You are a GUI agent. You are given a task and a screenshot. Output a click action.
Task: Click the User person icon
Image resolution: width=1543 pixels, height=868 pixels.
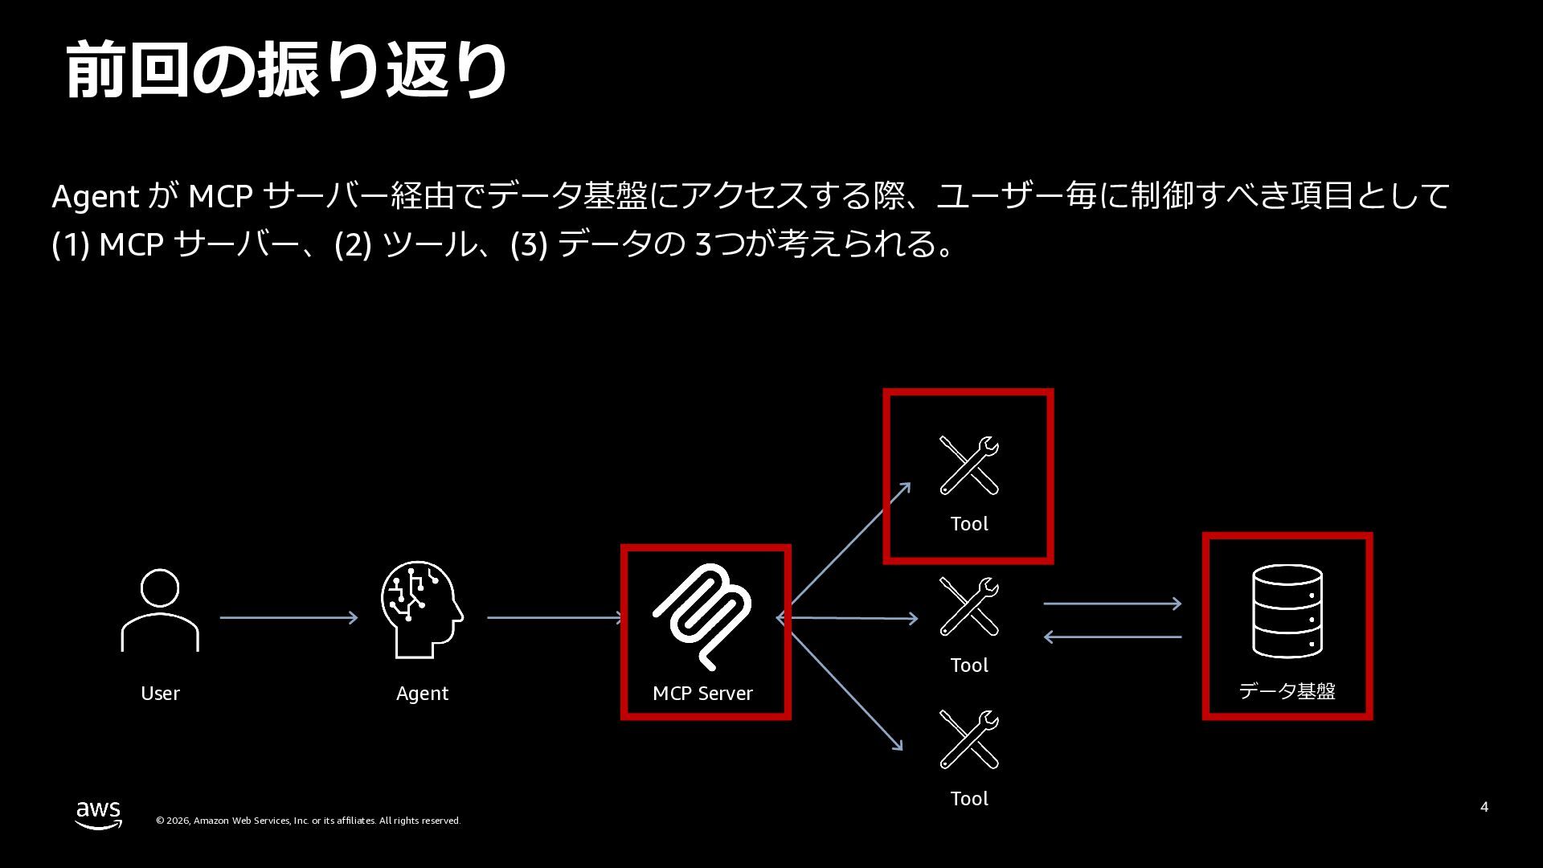coord(160,611)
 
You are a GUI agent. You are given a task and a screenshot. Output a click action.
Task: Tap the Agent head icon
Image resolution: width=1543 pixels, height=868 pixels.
coord(422,609)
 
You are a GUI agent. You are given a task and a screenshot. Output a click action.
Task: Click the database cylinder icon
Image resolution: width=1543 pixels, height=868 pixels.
coord(1287,611)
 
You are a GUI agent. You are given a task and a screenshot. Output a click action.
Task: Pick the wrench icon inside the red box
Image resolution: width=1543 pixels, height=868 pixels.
coord(969,465)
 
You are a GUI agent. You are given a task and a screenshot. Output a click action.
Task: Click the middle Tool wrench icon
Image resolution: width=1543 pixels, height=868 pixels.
coord(969,607)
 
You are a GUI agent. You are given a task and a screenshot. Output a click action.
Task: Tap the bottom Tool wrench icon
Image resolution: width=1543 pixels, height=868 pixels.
coord(969,739)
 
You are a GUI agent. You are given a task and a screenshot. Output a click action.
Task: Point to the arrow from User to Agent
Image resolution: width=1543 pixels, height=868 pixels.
coord(289,617)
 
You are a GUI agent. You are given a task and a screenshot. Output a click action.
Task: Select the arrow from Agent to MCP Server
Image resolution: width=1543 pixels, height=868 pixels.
coord(555,617)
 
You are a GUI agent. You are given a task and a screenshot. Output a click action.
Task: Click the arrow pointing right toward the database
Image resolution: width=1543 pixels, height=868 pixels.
coord(1112,603)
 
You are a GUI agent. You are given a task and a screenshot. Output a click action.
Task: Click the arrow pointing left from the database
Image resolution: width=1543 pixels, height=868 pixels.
coord(1112,637)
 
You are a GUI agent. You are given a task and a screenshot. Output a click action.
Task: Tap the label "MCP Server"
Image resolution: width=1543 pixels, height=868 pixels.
coord(702,694)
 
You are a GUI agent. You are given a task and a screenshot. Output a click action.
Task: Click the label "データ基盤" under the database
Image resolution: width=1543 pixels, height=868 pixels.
coord(1287,691)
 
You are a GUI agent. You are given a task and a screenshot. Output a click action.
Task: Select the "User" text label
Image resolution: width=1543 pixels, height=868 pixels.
coord(160,694)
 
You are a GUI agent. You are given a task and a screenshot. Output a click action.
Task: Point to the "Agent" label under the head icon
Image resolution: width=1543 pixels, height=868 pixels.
coord(422,694)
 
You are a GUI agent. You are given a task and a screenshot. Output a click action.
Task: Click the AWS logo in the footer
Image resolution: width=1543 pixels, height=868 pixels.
coord(99,814)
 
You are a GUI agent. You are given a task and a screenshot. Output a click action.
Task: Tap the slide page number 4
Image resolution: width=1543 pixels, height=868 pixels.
coord(1484,807)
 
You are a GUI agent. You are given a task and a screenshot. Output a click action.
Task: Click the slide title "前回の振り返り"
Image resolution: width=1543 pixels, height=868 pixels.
coord(286,71)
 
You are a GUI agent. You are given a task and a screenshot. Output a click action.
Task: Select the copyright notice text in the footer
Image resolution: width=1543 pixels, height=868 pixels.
coord(308,821)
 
